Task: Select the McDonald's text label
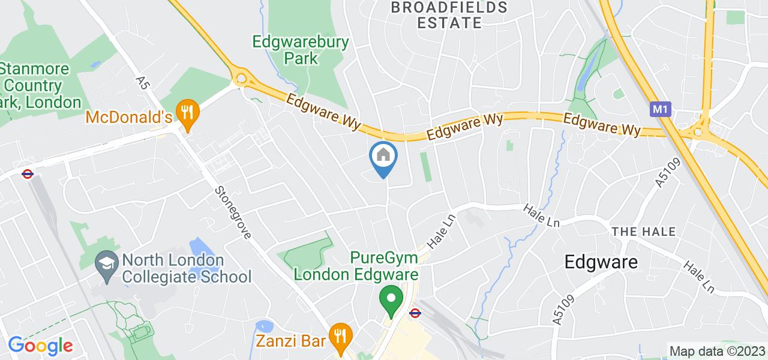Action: click(128, 116)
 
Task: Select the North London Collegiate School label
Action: click(186, 269)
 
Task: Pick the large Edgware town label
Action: click(600, 262)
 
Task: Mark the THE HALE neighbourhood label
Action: click(643, 232)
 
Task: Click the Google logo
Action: click(40, 346)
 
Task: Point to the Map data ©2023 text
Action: click(717, 351)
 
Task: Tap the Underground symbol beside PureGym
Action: click(415, 313)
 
